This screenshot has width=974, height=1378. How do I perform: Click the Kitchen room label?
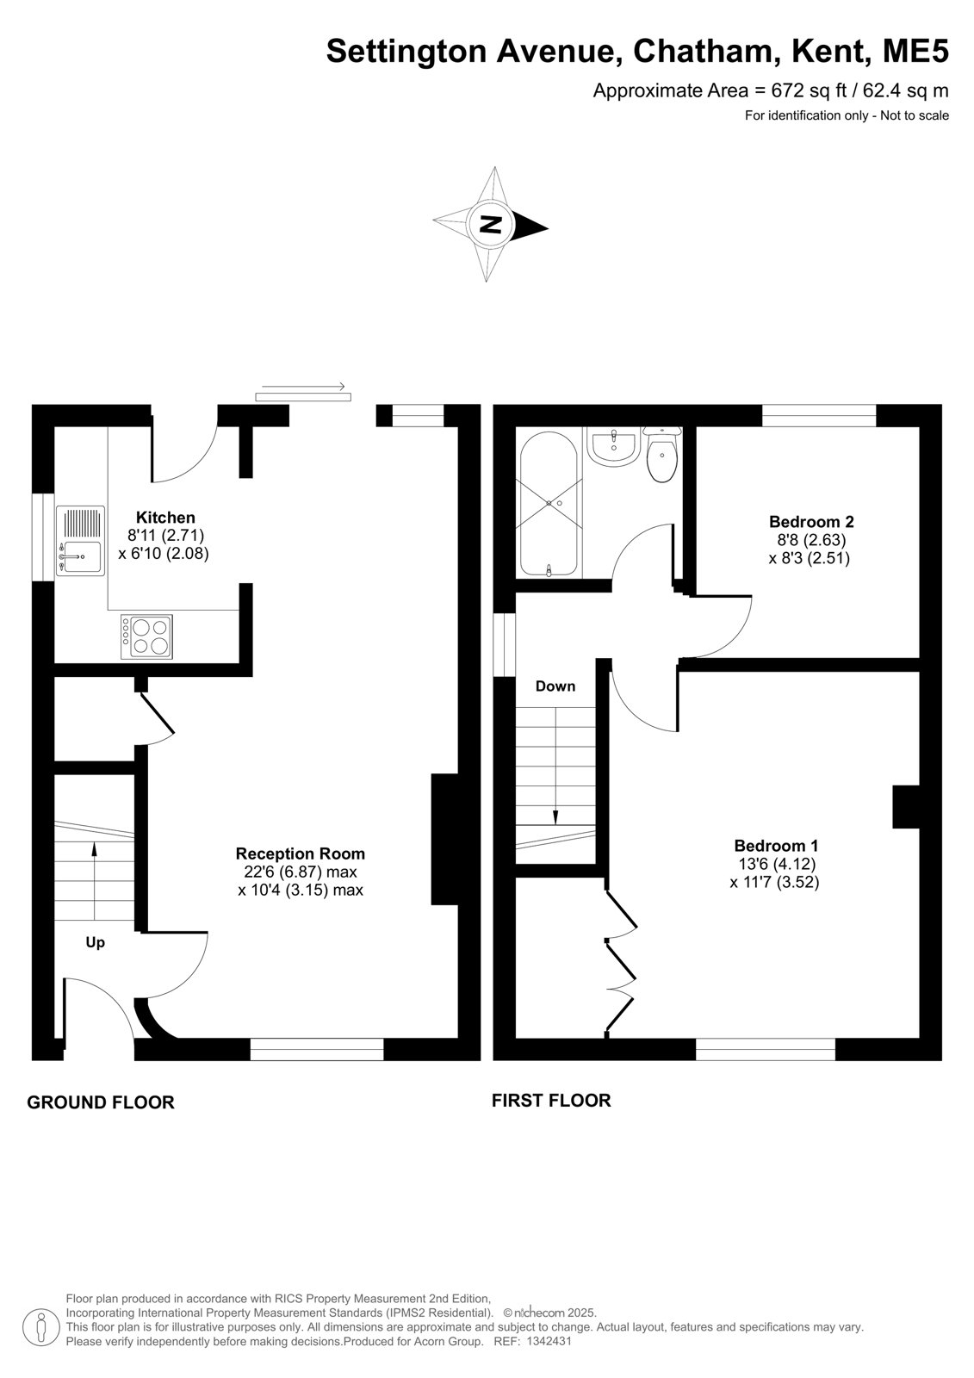click(x=164, y=518)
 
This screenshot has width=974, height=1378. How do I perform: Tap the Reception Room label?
click(x=301, y=853)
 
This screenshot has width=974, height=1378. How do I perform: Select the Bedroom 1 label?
click(x=775, y=846)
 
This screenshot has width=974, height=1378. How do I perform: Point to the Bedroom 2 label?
click(x=811, y=522)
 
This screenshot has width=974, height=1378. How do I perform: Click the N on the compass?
click(x=490, y=224)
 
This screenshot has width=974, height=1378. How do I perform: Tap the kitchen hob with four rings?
click(x=146, y=636)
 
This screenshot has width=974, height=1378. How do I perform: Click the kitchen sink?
click(x=81, y=541)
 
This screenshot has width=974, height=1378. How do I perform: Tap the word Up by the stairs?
click(x=96, y=942)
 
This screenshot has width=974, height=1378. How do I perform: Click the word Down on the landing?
click(x=555, y=686)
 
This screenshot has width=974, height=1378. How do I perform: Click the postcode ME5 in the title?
click(x=915, y=51)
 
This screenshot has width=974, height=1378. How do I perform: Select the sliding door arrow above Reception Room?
click(x=303, y=387)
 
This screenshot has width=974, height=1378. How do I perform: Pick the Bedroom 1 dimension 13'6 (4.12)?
click(x=777, y=864)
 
